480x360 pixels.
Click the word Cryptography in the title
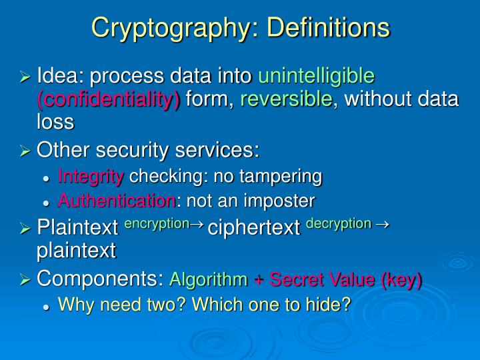coord(170,28)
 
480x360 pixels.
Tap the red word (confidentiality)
coord(109,99)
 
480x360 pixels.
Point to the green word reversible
coord(287,99)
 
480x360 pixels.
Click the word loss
coord(55,123)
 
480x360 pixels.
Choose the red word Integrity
coord(91,176)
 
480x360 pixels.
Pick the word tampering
coord(282,176)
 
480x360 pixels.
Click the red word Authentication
coord(117,200)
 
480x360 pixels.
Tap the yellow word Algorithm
coord(209,281)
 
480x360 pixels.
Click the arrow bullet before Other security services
coord(25,152)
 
